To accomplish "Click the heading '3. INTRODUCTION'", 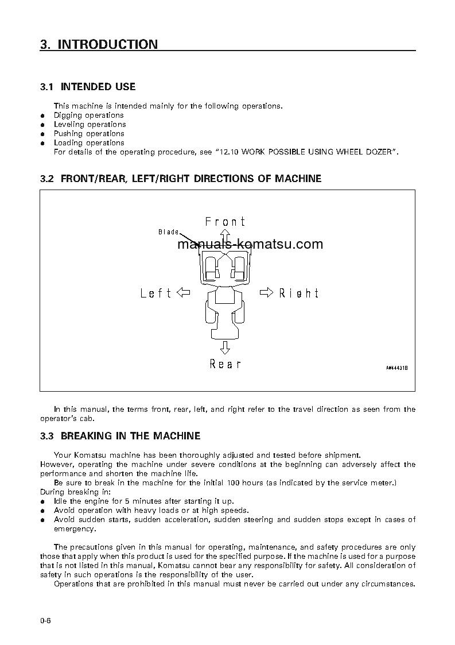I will pyautogui.click(x=99, y=44).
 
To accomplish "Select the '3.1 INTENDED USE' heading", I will pyautogui.click(x=88, y=87).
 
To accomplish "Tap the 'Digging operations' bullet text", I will pyautogui.click(x=88, y=115).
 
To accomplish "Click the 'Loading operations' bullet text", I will pyautogui.click(x=89, y=142).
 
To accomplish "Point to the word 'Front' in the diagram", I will pyautogui.click(x=225, y=222).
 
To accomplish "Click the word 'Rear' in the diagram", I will pyautogui.click(x=225, y=364).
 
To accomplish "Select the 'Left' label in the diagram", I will pyautogui.click(x=156, y=293).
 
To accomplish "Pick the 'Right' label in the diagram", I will pyautogui.click(x=298, y=293).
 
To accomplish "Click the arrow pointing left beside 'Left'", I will pyautogui.click(x=184, y=293).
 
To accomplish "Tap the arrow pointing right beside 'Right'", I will pyautogui.click(x=267, y=293).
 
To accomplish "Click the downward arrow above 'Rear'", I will pyautogui.click(x=225, y=347).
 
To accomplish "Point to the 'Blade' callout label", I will pyautogui.click(x=169, y=232).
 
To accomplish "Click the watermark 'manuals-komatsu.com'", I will pyautogui.click(x=250, y=244).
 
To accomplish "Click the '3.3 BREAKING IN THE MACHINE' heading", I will pyautogui.click(x=120, y=436).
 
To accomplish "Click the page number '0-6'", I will pyautogui.click(x=46, y=620).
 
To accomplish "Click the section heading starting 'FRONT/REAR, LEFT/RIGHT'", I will pyautogui.click(x=181, y=179).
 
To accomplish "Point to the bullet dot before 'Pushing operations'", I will pyautogui.click(x=42, y=134).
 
